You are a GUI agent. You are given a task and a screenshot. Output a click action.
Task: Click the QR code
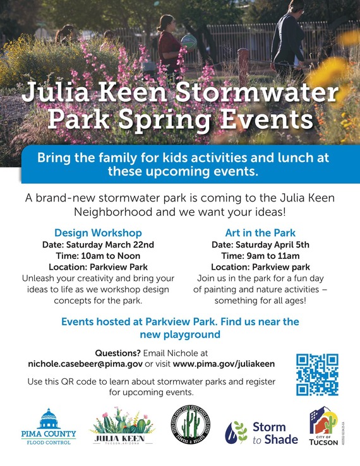317,374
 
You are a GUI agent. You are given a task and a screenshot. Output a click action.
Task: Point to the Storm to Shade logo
256,433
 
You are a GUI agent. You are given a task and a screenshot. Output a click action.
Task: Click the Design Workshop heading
98,232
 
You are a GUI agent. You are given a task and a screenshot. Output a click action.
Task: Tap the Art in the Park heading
260,232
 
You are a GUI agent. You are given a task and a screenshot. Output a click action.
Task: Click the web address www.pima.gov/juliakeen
224,364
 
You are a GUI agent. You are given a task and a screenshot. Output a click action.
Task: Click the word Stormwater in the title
252,93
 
